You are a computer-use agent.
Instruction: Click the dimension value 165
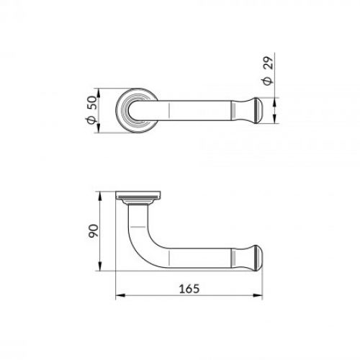click(x=188, y=287)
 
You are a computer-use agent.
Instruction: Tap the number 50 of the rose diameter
click(x=91, y=104)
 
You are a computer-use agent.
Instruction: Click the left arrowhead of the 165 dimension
click(x=120, y=295)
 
